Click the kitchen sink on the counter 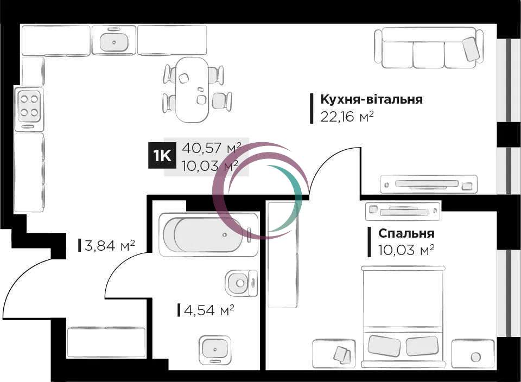click(x=114, y=40)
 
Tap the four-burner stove click(x=29, y=107)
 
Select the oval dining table click(x=192, y=90)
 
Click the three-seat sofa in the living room click(x=429, y=48)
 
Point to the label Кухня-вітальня click(x=371, y=99)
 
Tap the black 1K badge click(x=162, y=155)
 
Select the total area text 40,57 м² click(x=211, y=148)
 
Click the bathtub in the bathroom click(x=208, y=234)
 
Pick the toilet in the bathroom click(x=241, y=283)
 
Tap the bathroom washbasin click(x=215, y=349)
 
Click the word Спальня click(x=406, y=233)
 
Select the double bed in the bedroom click(x=403, y=316)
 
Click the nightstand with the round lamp click(x=473, y=354)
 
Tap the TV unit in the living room click(x=429, y=184)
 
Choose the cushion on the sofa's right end click(x=471, y=49)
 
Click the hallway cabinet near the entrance click(x=106, y=342)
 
